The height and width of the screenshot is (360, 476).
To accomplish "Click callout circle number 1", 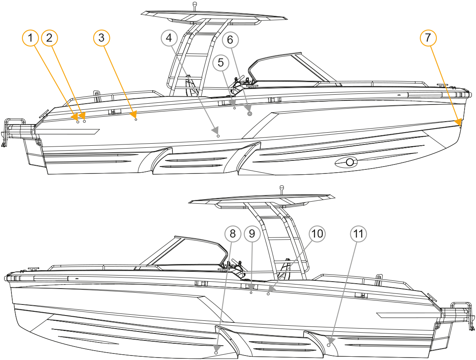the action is (x=30, y=38).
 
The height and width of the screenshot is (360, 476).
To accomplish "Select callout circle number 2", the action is (x=49, y=38).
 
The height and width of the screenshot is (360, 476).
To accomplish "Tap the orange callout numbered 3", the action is (x=101, y=38).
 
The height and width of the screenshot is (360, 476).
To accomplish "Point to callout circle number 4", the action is (x=169, y=38).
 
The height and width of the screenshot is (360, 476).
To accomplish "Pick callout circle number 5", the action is (x=221, y=63).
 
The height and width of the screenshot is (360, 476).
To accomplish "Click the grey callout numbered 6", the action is (x=230, y=40).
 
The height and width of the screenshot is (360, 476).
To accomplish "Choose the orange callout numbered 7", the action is (x=428, y=38).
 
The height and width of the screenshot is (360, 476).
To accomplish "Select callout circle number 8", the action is (x=232, y=234).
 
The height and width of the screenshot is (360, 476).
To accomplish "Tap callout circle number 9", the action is (x=252, y=234).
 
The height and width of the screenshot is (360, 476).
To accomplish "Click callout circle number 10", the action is (x=317, y=234).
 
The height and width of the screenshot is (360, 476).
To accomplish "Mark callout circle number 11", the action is (x=358, y=234).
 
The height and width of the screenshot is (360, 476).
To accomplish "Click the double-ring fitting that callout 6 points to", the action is (x=250, y=113).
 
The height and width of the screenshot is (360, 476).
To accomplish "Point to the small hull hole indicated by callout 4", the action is (x=218, y=136).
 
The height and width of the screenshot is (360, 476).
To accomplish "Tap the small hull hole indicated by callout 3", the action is (x=136, y=120).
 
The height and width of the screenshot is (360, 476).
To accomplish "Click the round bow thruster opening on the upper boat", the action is (x=350, y=162).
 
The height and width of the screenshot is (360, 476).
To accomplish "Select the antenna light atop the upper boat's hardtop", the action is (x=195, y=5).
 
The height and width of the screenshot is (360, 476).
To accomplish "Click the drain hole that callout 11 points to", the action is (x=329, y=345).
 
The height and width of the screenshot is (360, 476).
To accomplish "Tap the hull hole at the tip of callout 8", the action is (x=216, y=353).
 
